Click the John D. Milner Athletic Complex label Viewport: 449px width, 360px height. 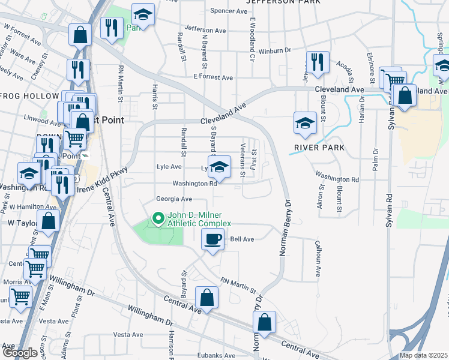[x=199, y=220]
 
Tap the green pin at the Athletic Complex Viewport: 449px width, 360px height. [x=159, y=218]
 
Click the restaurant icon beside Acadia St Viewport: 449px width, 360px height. [x=316, y=62]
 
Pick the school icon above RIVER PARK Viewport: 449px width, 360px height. [x=305, y=123]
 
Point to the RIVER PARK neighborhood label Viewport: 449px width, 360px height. [x=319, y=148]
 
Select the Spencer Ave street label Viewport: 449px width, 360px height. [x=230, y=11]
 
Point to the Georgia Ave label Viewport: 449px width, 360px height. [x=173, y=199]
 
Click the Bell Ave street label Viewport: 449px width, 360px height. [x=242, y=239]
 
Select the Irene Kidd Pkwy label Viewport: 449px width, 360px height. [x=101, y=179]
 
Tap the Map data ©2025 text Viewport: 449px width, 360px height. [x=423, y=355]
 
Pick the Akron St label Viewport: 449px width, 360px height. [x=321, y=198]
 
